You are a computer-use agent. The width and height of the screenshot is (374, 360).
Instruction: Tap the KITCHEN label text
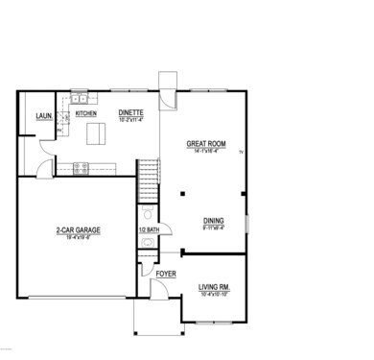click(85, 113)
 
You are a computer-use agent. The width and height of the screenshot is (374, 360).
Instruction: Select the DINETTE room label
click(130, 113)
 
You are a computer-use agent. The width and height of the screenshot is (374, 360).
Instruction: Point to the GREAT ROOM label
click(205, 145)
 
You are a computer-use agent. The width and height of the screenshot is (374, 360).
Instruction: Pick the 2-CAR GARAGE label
click(78, 230)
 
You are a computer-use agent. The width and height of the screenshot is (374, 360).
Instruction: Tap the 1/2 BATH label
click(149, 230)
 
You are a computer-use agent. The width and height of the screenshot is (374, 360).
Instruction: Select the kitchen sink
click(80, 98)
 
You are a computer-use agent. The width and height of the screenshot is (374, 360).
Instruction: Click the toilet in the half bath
click(152, 213)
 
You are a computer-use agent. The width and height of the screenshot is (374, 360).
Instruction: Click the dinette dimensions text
click(130, 120)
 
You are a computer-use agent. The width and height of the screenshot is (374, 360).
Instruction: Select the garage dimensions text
click(78, 237)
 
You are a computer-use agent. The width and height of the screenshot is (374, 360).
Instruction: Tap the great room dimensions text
click(205, 152)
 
